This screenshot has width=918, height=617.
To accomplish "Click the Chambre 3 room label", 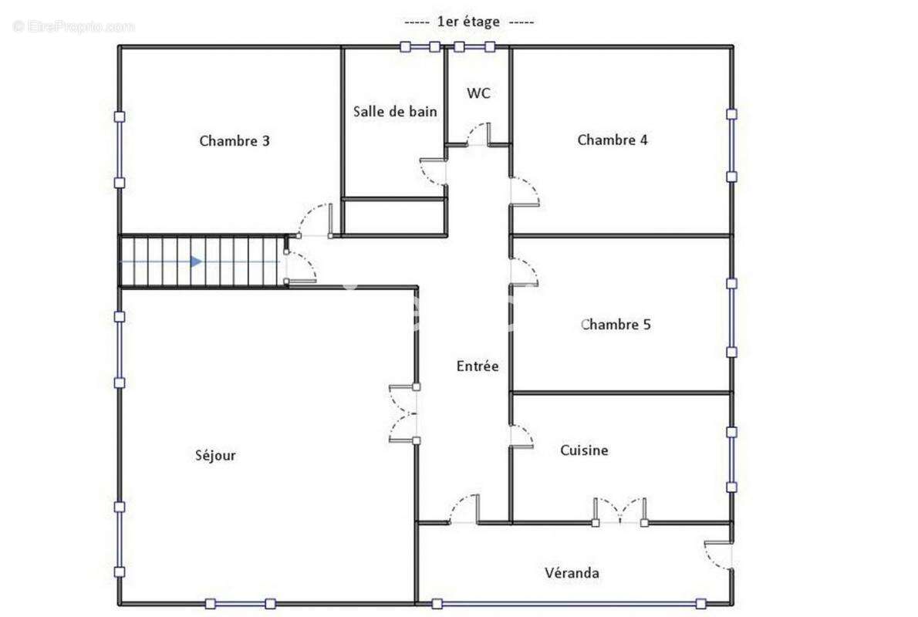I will [x=235, y=141].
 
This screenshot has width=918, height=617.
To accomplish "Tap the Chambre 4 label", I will [x=613, y=140].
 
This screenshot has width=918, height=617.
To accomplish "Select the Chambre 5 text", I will [x=616, y=325].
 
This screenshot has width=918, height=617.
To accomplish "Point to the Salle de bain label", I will [x=395, y=111].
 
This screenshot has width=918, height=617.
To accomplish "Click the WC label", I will [x=478, y=93].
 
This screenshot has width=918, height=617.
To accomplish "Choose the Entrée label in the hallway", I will [x=478, y=366].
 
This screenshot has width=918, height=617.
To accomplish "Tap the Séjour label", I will [x=215, y=455].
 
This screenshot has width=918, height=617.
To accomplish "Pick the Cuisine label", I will [x=584, y=450].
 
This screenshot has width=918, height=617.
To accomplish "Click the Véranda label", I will [x=572, y=573].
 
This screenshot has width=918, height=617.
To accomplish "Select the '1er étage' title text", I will [x=468, y=22].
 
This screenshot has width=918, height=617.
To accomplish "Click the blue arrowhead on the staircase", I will [x=196, y=262].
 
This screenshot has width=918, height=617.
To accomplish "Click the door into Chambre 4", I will [x=524, y=192].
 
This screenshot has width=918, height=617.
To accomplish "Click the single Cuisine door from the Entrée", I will [x=521, y=436].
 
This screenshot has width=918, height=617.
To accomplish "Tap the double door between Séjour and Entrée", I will [x=403, y=413].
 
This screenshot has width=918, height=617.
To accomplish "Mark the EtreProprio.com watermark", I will [x=74, y=27].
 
